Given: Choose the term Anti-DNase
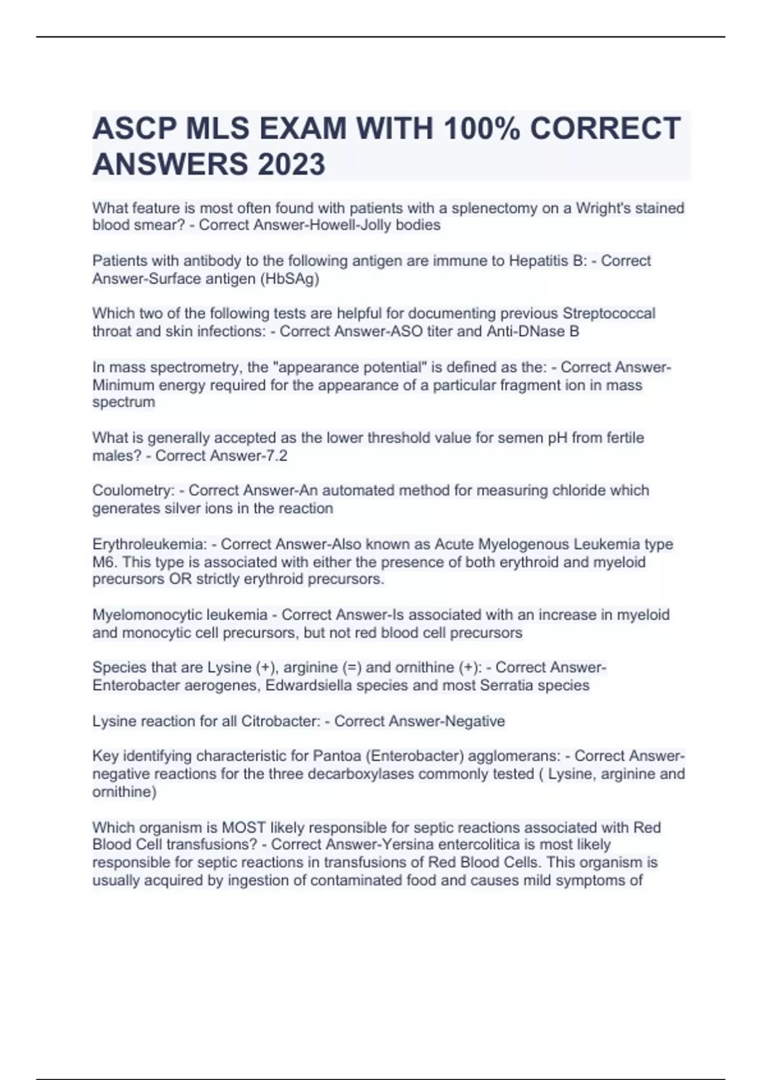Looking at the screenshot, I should (x=526, y=331).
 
